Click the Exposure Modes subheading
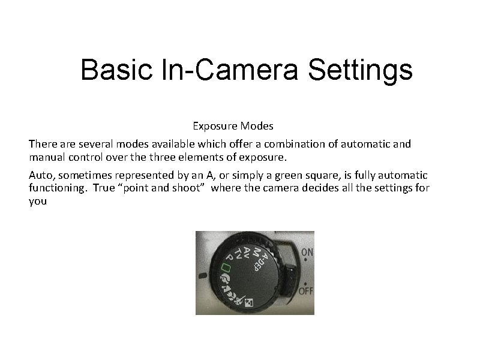tap(233, 126)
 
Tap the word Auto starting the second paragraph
tap(41, 175)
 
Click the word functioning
tap(55, 188)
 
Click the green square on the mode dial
tap(226, 266)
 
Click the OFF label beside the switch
tap(305, 290)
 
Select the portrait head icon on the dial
tap(226, 279)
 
